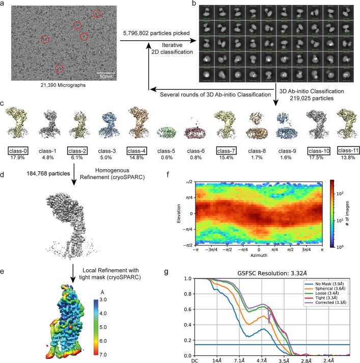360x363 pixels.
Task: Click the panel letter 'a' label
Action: point(4,4)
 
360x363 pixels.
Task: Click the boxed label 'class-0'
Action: point(21,150)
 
